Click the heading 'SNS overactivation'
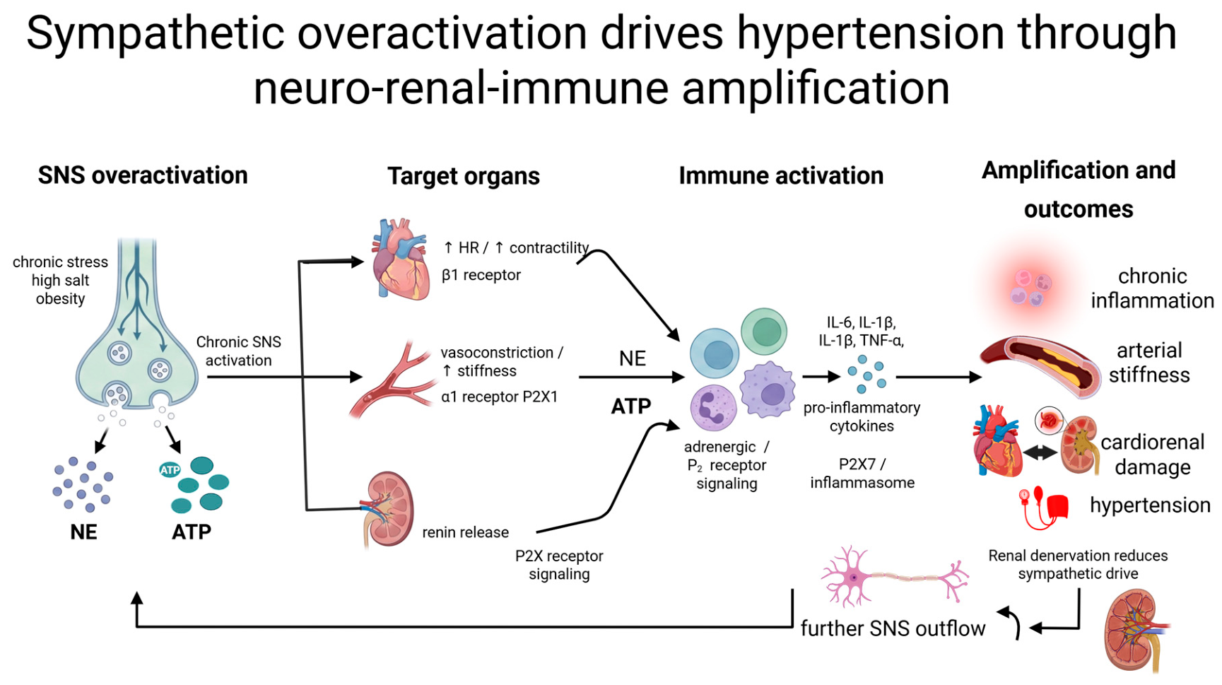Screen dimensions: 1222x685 point(143,175)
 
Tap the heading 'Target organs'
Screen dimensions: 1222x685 point(464,176)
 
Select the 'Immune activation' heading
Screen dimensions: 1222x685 point(781,175)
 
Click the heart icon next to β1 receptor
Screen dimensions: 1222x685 point(401,259)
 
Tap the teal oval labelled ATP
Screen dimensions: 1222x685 point(170,470)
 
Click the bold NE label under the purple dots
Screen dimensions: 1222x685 point(83,532)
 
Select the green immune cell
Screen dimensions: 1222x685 point(764,332)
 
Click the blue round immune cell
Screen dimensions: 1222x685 point(715,353)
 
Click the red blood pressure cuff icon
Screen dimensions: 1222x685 point(1043,508)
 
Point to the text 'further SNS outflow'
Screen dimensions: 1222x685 point(893,628)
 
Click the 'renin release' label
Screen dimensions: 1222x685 point(465,532)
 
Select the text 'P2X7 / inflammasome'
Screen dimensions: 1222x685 point(862,473)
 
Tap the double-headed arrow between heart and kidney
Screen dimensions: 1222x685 point(1040,452)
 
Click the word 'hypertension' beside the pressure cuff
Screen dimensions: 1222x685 point(1150,505)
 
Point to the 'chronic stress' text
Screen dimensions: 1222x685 point(60,262)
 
